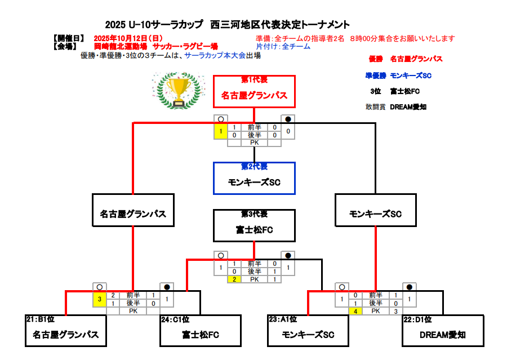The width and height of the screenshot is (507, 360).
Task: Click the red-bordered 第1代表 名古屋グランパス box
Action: (x=254, y=91)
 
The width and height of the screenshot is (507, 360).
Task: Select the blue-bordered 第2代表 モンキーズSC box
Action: (x=254, y=178)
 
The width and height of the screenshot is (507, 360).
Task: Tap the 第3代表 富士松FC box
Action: (x=254, y=225)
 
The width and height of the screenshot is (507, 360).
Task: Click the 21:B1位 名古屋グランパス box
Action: (x=66, y=331)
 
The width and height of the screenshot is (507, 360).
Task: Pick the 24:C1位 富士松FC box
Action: (x=201, y=331)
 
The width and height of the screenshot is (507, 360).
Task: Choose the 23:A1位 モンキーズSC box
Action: (x=308, y=331)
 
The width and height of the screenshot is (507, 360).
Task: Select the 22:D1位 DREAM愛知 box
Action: (x=443, y=331)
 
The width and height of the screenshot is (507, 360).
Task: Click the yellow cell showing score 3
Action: (x=100, y=299)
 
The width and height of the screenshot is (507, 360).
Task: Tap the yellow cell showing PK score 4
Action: (x=356, y=311)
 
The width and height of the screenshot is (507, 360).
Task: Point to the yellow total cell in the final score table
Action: (x=221, y=131)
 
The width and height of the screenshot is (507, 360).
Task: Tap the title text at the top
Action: (x=228, y=25)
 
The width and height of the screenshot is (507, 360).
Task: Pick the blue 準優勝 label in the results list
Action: (x=375, y=75)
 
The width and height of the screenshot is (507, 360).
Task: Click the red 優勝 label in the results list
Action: (x=376, y=59)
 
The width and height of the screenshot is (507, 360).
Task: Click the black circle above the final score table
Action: (x=288, y=119)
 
